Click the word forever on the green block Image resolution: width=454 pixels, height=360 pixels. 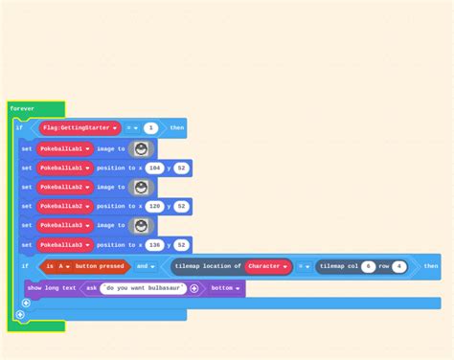(x=22, y=108)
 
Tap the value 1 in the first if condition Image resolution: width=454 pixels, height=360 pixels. (x=151, y=127)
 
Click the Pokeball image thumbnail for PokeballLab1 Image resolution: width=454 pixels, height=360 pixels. (x=142, y=148)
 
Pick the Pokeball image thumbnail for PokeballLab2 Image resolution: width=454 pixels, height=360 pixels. (x=142, y=187)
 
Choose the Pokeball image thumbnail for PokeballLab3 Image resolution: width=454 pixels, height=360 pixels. (x=142, y=225)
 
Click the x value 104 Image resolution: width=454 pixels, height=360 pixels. (x=153, y=168)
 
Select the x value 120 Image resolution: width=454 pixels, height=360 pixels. (x=153, y=206)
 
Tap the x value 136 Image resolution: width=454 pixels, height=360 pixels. (x=153, y=244)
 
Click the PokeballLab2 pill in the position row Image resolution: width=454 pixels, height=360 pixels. (x=65, y=206)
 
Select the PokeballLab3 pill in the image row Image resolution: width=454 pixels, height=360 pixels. (x=65, y=225)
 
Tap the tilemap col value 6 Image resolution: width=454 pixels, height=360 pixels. (x=368, y=266)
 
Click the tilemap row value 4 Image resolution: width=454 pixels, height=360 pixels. (x=398, y=266)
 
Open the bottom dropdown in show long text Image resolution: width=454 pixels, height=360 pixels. (x=225, y=288)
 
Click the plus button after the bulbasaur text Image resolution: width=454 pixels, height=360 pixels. (x=193, y=288)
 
